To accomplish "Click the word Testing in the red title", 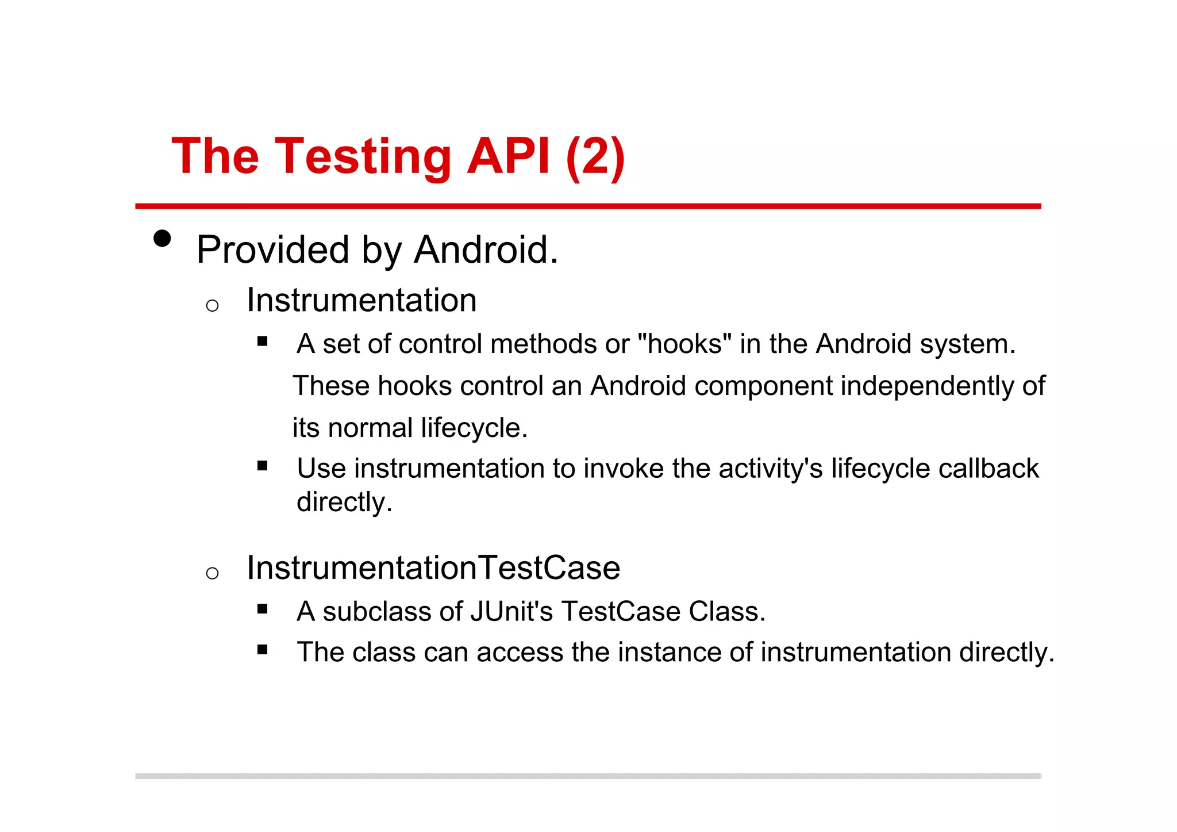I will click(x=363, y=156).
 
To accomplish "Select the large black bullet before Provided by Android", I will click(x=163, y=238).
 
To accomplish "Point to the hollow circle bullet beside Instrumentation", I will click(x=212, y=305).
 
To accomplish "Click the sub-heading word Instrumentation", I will click(x=361, y=300).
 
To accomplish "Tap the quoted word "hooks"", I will click(x=684, y=344).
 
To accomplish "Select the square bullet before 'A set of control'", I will click(x=263, y=341).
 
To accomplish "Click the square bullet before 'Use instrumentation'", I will click(x=263, y=466).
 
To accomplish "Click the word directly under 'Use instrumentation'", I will click(x=343, y=502).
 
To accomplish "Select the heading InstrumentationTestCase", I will click(x=433, y=568).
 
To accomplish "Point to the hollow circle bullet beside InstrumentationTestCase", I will click(x=212, y=573).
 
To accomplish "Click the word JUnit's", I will click(x=511, y=611).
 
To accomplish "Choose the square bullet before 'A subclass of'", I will click(x=263, y=609).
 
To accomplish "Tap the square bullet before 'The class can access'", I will click(x=263, y=650).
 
